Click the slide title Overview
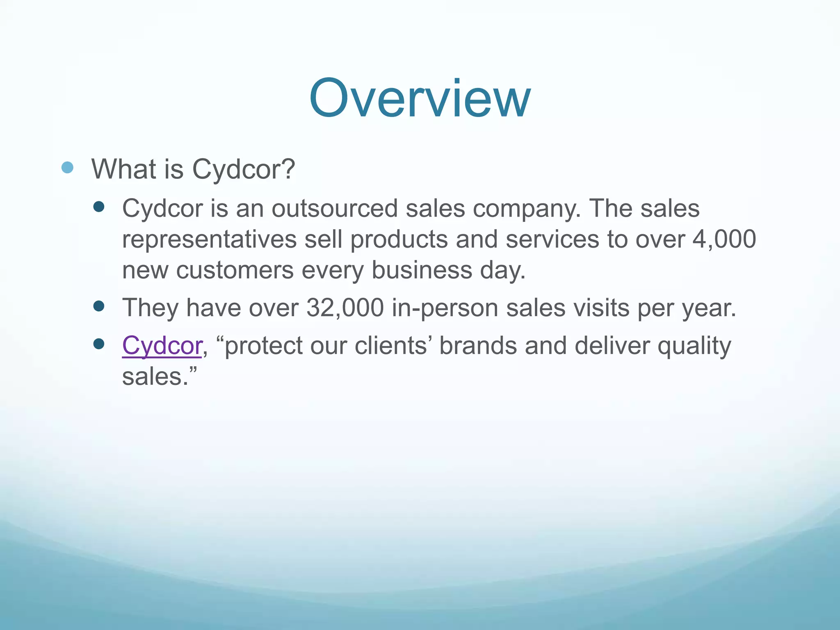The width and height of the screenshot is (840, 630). pos(420,98)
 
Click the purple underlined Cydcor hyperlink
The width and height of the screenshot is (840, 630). pos(162,346)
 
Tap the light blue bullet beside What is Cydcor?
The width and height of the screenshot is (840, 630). pos(67,167)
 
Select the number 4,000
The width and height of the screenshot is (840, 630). pos(724,239)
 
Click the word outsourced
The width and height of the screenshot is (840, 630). pos(334,208)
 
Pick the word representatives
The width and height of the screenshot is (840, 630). pos(209,239)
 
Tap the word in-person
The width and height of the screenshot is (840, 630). pos(445,308)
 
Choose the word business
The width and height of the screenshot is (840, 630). pos(422,270)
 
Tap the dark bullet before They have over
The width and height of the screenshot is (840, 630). pos(98,306)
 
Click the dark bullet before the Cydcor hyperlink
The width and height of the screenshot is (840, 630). pos(98,344)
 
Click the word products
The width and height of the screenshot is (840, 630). pos(399,239)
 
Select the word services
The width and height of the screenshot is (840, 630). pos(552,239)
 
